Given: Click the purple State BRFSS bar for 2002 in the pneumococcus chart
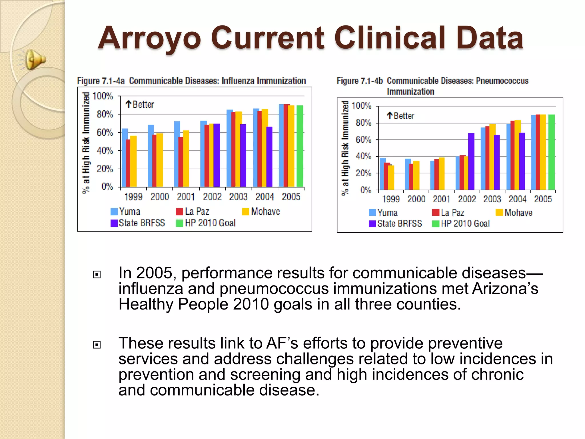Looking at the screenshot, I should coord(471,161).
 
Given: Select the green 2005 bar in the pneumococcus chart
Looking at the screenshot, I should coord(551,152).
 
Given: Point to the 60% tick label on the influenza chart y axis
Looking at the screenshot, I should coord(105,133).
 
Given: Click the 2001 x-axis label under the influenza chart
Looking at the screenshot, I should coord(186,197).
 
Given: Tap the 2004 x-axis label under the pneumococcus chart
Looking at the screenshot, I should coord(517,199).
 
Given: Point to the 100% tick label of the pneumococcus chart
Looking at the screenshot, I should coord(361,106).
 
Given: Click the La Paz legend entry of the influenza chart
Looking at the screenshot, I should coord(193,211).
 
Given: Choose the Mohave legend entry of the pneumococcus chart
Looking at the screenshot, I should coord(514,213).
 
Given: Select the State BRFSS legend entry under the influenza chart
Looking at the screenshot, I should coord(138,223).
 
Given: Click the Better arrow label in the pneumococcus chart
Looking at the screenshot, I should coord(400,116).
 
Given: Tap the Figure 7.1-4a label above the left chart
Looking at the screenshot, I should coord(101,81).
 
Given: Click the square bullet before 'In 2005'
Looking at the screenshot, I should coord(97,275).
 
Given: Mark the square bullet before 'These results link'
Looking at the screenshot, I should coord(97,345).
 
